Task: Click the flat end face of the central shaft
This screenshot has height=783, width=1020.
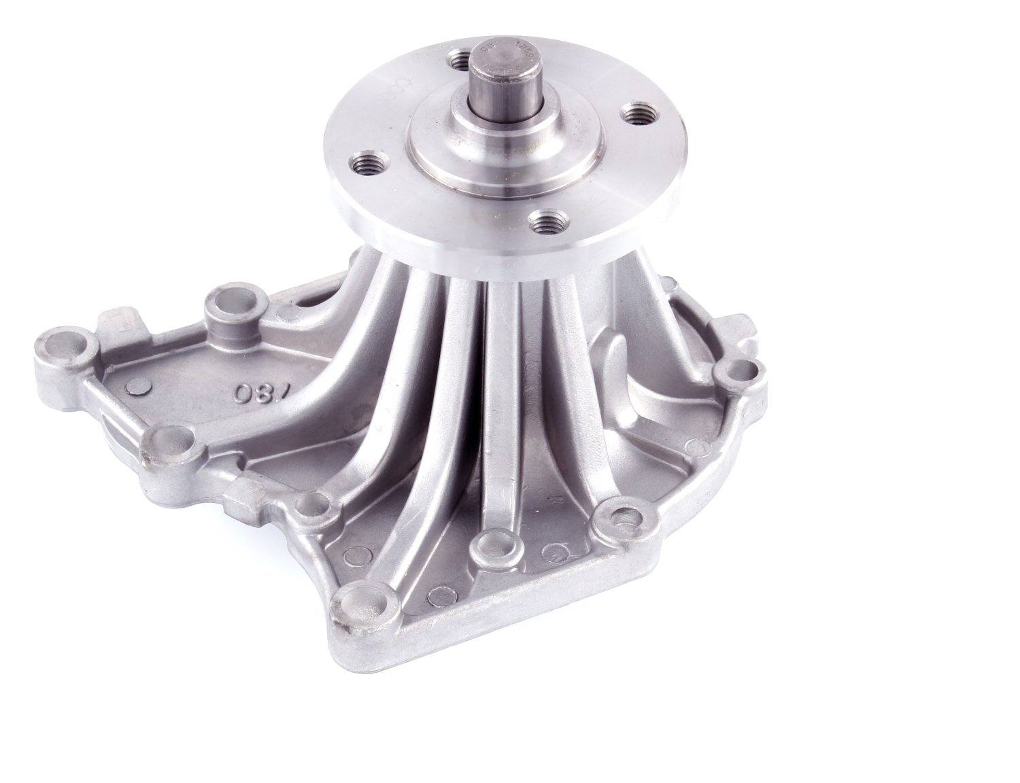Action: point(500,65)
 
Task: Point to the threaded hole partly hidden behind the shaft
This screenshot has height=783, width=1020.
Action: point(463,62)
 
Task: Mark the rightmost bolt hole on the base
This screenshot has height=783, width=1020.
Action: point(738,372)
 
